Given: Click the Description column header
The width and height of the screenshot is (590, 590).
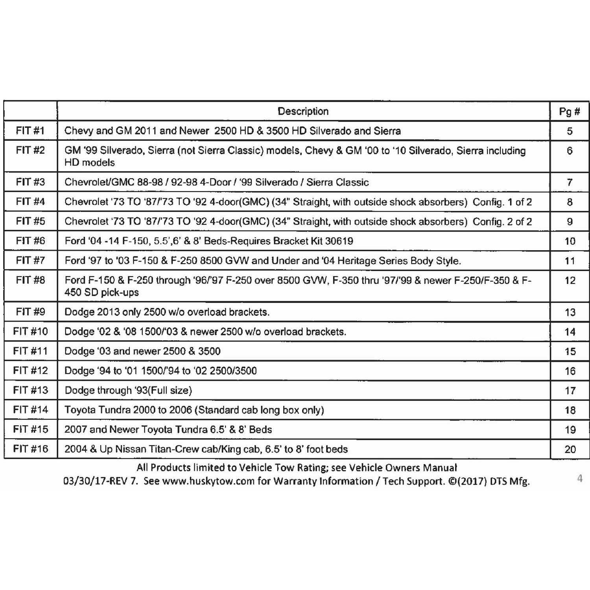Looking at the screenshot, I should pyautogui.click(x=303, y=111).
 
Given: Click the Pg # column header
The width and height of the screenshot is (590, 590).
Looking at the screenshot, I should pyautogui.click(x=569, y=112).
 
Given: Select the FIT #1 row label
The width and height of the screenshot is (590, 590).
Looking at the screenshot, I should pyautogui.click(x=30, y=131).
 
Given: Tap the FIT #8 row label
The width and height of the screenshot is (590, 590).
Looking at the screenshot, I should pyautogui.click(x=30, y=280).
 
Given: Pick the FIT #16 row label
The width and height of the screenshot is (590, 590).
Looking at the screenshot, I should pyautogui.click(x=30, y=449).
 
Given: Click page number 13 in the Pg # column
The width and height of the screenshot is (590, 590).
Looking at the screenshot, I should pyautogui.click(x=570, y=312).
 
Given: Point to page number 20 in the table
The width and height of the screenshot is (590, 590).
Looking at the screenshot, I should pyautogui.click(x=570, y=449).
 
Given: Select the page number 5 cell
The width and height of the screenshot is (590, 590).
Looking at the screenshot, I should pyautogui.click(x=570, y=131).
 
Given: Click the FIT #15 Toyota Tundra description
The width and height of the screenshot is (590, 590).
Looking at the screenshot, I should pyautogui.click(x=168, y=430).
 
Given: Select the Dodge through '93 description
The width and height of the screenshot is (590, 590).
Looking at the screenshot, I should pyautogui.click(x=128, y=390).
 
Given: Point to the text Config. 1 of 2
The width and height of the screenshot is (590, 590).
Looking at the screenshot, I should pyautogui.click(x=502, y=202).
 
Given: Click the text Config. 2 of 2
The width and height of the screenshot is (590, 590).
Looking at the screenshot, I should pyautogui.click(x=502, y=221).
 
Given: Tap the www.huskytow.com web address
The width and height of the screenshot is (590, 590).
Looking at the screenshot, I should pyautogui.click(x=208, y=481).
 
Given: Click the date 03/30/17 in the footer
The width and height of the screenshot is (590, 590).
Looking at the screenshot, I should pyautogui.click(x=81, y=481).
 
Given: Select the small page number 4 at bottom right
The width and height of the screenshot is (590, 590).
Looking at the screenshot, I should pyautogui.click(x=579, y=478).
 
